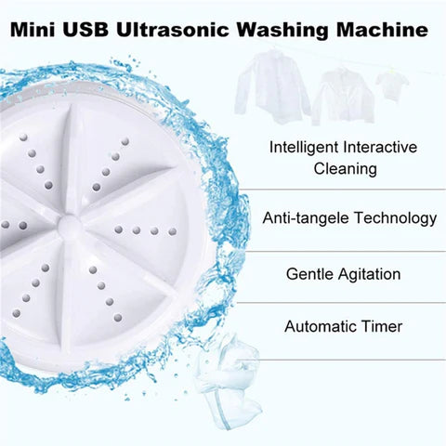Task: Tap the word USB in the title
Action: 90,30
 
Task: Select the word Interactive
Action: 384,147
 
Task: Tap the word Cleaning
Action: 344,169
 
